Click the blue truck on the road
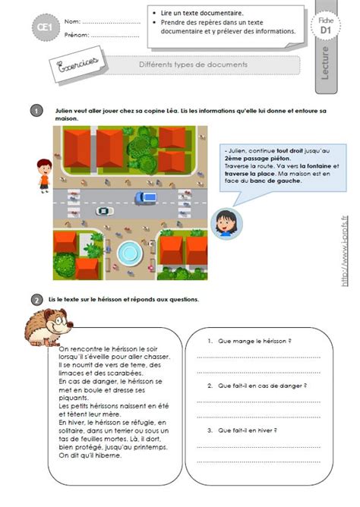(x=145, y=198)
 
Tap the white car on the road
(x=104, y=211)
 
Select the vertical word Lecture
(x=326, y=63)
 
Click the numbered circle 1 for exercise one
(x=36, y=111)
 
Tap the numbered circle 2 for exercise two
(x=36, y=300)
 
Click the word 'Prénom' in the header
(x=77, y=35)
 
